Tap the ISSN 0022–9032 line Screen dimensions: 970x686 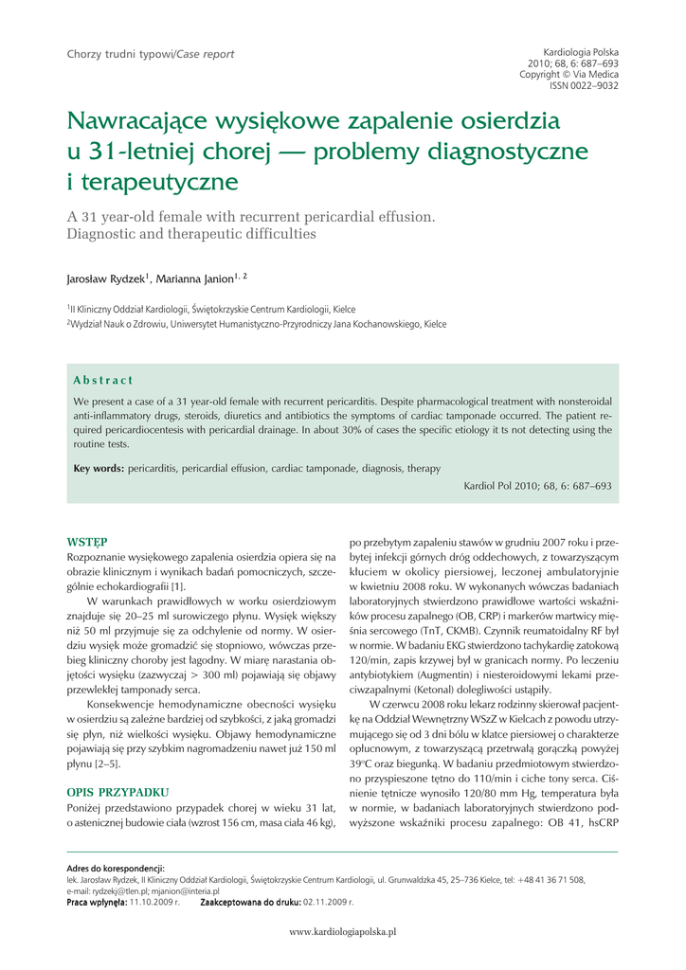click(585, 85)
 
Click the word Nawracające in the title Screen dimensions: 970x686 click(139, 122)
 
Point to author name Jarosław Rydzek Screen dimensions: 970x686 click(104, 279)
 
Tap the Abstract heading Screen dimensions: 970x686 click(103, 380)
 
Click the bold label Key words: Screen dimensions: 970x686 click(99, 468)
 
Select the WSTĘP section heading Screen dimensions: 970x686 click(86, 543)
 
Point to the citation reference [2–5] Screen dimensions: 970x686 click(106, 763)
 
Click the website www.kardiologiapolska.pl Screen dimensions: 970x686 click(342, 931)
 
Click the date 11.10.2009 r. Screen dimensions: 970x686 click(154, 903)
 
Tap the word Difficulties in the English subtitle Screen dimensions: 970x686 click(269, 233)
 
